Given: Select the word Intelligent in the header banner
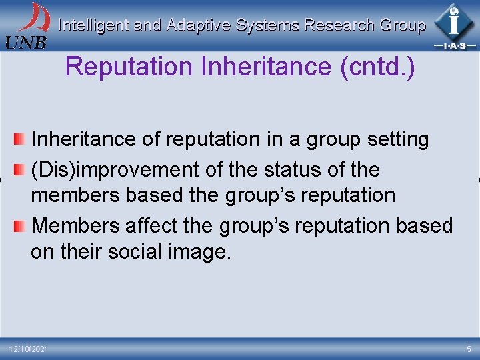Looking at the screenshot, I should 93,25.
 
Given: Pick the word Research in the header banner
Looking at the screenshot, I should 339,25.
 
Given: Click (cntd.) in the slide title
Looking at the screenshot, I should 377,67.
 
